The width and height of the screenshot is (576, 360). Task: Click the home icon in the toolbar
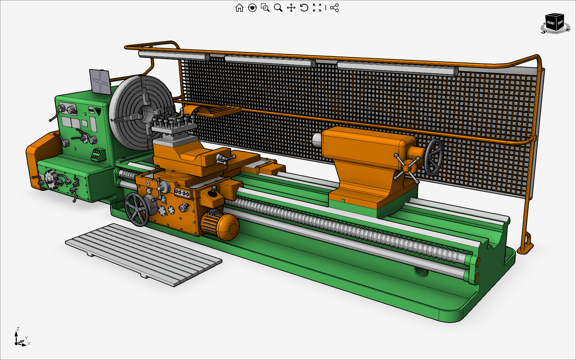pos(239,8)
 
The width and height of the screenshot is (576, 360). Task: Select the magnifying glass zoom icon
pos(278,8)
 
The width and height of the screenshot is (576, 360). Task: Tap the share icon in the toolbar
pos(334,8)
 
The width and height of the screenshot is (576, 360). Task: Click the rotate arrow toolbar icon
pos(304,8)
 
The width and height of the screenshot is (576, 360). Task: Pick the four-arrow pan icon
pos(291,8)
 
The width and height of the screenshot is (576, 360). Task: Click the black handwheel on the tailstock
pos(434,157)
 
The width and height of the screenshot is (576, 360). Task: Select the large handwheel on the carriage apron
pos(137,210)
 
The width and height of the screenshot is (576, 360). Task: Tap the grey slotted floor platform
pos(143,253)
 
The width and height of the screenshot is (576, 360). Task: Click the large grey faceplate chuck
pos(140,112)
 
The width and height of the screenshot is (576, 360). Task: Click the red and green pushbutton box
pos(98,154)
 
